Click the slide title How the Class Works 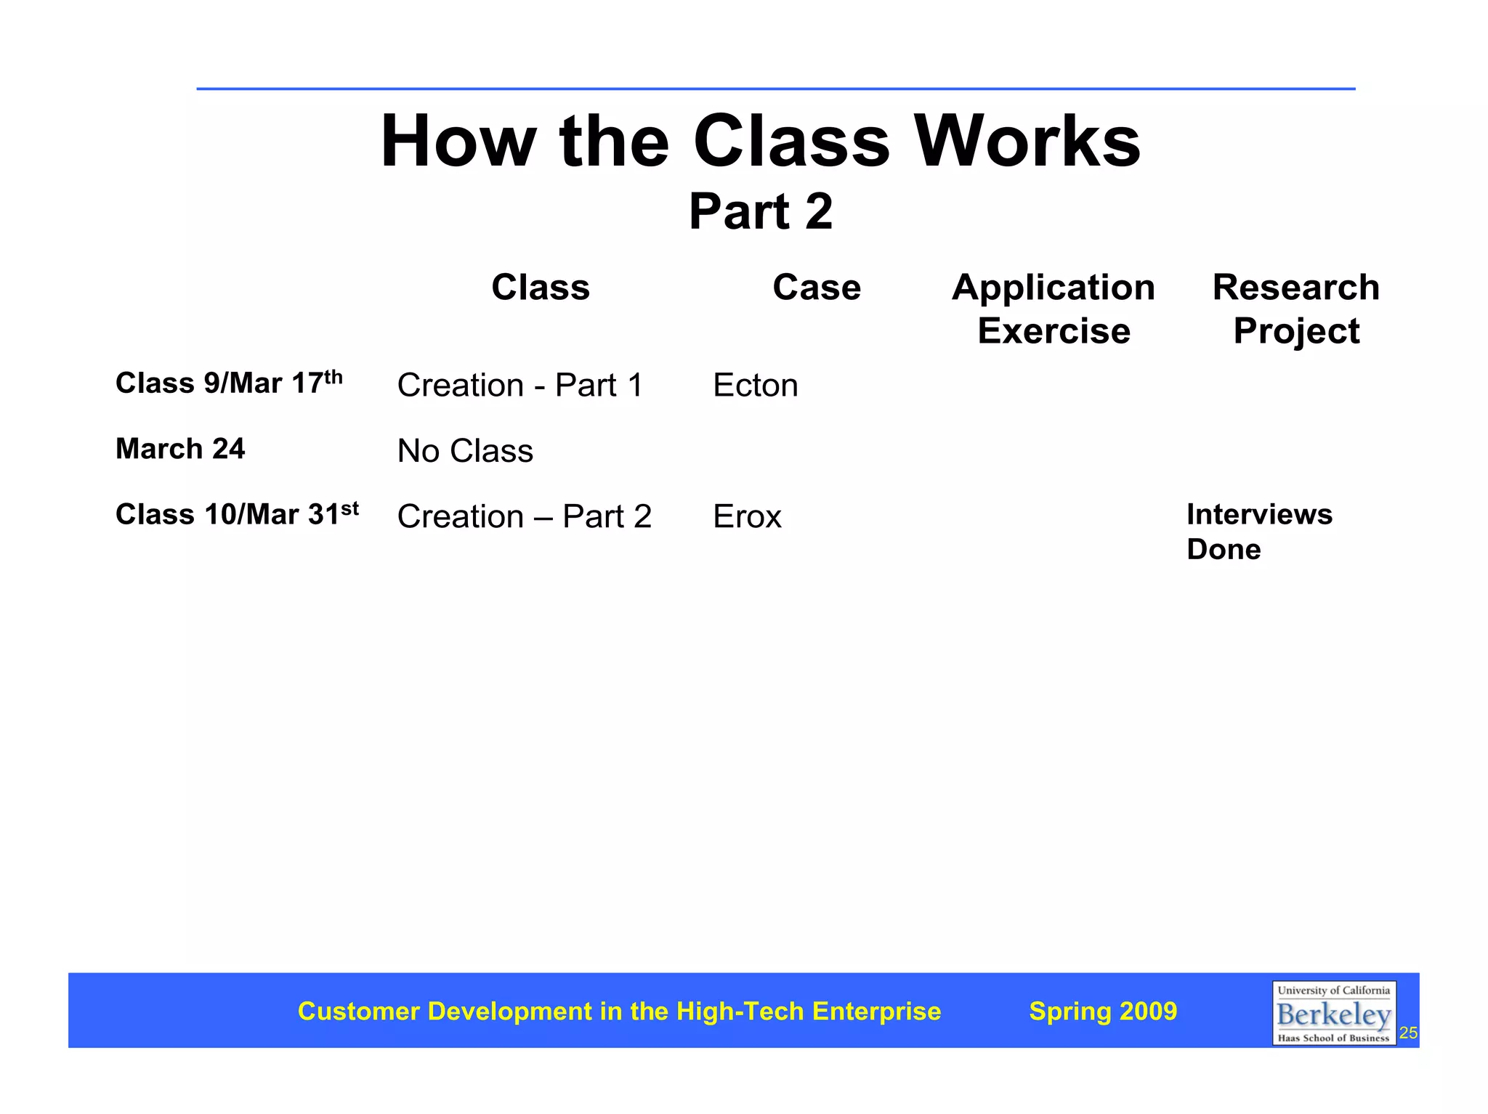760,142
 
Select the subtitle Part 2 760,211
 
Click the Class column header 541,287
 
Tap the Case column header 817,287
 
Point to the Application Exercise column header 1054,309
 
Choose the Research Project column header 1296,309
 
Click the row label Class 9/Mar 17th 228,383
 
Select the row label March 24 180,449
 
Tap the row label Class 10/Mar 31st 237,514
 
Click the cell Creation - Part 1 520,385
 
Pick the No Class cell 465,451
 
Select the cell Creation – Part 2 525,516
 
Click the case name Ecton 755,385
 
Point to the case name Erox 747,516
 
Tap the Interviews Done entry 1259,532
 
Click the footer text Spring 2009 1103,1011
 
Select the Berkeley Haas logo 1333,1013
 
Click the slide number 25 1408,1033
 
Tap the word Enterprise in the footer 876,1011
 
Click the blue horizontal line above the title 775,89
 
